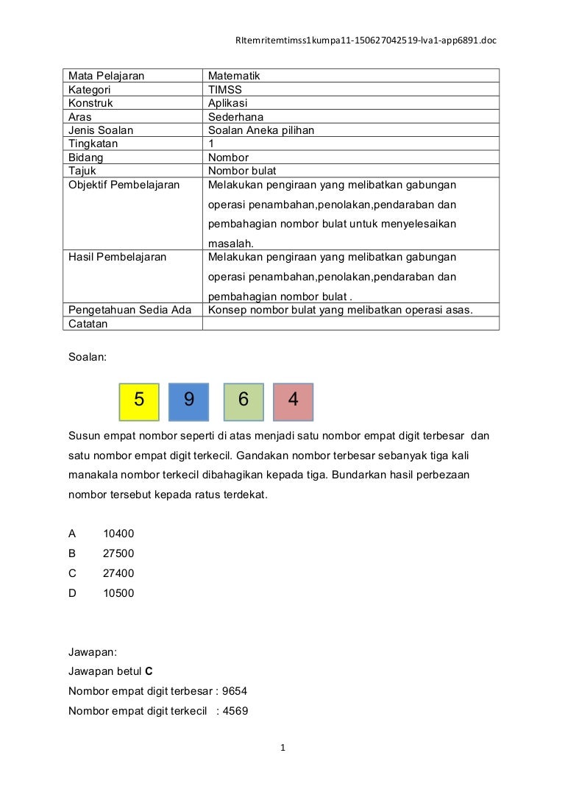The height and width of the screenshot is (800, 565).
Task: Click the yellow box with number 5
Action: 139,401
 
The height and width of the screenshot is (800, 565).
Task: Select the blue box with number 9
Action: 189,401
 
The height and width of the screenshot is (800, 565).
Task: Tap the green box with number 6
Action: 244,401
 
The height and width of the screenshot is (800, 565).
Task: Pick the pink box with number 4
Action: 294,401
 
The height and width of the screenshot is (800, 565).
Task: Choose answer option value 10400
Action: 118,534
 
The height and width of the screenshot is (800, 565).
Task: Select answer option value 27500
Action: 118,553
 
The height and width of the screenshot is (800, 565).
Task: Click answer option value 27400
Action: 118,573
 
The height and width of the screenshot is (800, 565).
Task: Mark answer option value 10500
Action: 118,592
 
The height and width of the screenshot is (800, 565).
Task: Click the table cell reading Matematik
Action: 234,76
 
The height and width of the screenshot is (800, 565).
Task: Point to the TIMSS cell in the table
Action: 225,90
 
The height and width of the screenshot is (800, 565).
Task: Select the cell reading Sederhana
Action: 235,116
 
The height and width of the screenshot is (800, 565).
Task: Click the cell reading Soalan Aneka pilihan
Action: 261,130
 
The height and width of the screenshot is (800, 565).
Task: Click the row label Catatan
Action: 88,324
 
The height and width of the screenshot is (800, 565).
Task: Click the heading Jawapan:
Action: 92,652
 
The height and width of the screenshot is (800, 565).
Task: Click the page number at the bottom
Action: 282,748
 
